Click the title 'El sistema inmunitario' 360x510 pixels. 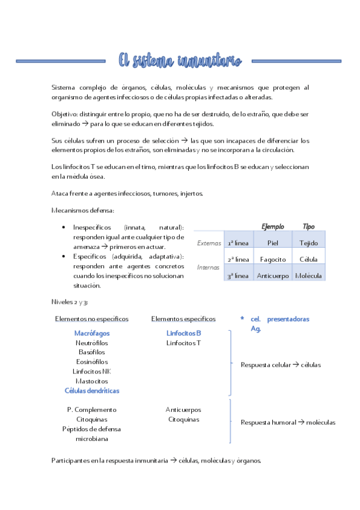(180, 60)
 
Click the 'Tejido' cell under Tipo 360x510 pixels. (308, 243)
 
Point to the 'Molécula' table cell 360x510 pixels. (308, 275)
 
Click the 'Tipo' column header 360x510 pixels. (308, 227)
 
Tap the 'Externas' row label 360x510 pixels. (209, 243)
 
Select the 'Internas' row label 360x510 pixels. (209, 266)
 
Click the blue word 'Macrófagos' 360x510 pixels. (92, 333)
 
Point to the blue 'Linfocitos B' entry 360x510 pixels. (183, 333)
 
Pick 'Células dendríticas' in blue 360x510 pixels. (92, 390)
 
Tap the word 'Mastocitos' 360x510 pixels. (92, 381)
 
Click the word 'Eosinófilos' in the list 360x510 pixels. (92, 361)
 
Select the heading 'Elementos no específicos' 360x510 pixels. (91, 319)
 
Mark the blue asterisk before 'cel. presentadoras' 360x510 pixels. (242, 319)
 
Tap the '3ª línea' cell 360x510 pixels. (238, 275)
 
